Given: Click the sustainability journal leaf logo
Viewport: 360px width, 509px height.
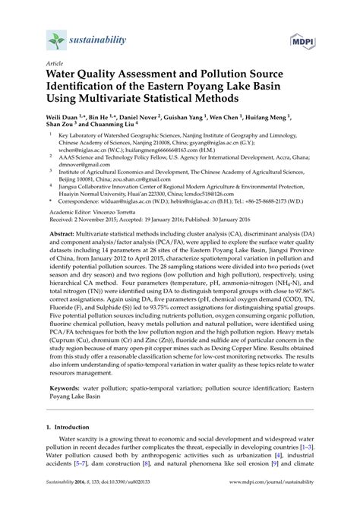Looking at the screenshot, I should [x=55, y=40].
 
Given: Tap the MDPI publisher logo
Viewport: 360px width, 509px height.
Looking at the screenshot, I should [x=305, y=40].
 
